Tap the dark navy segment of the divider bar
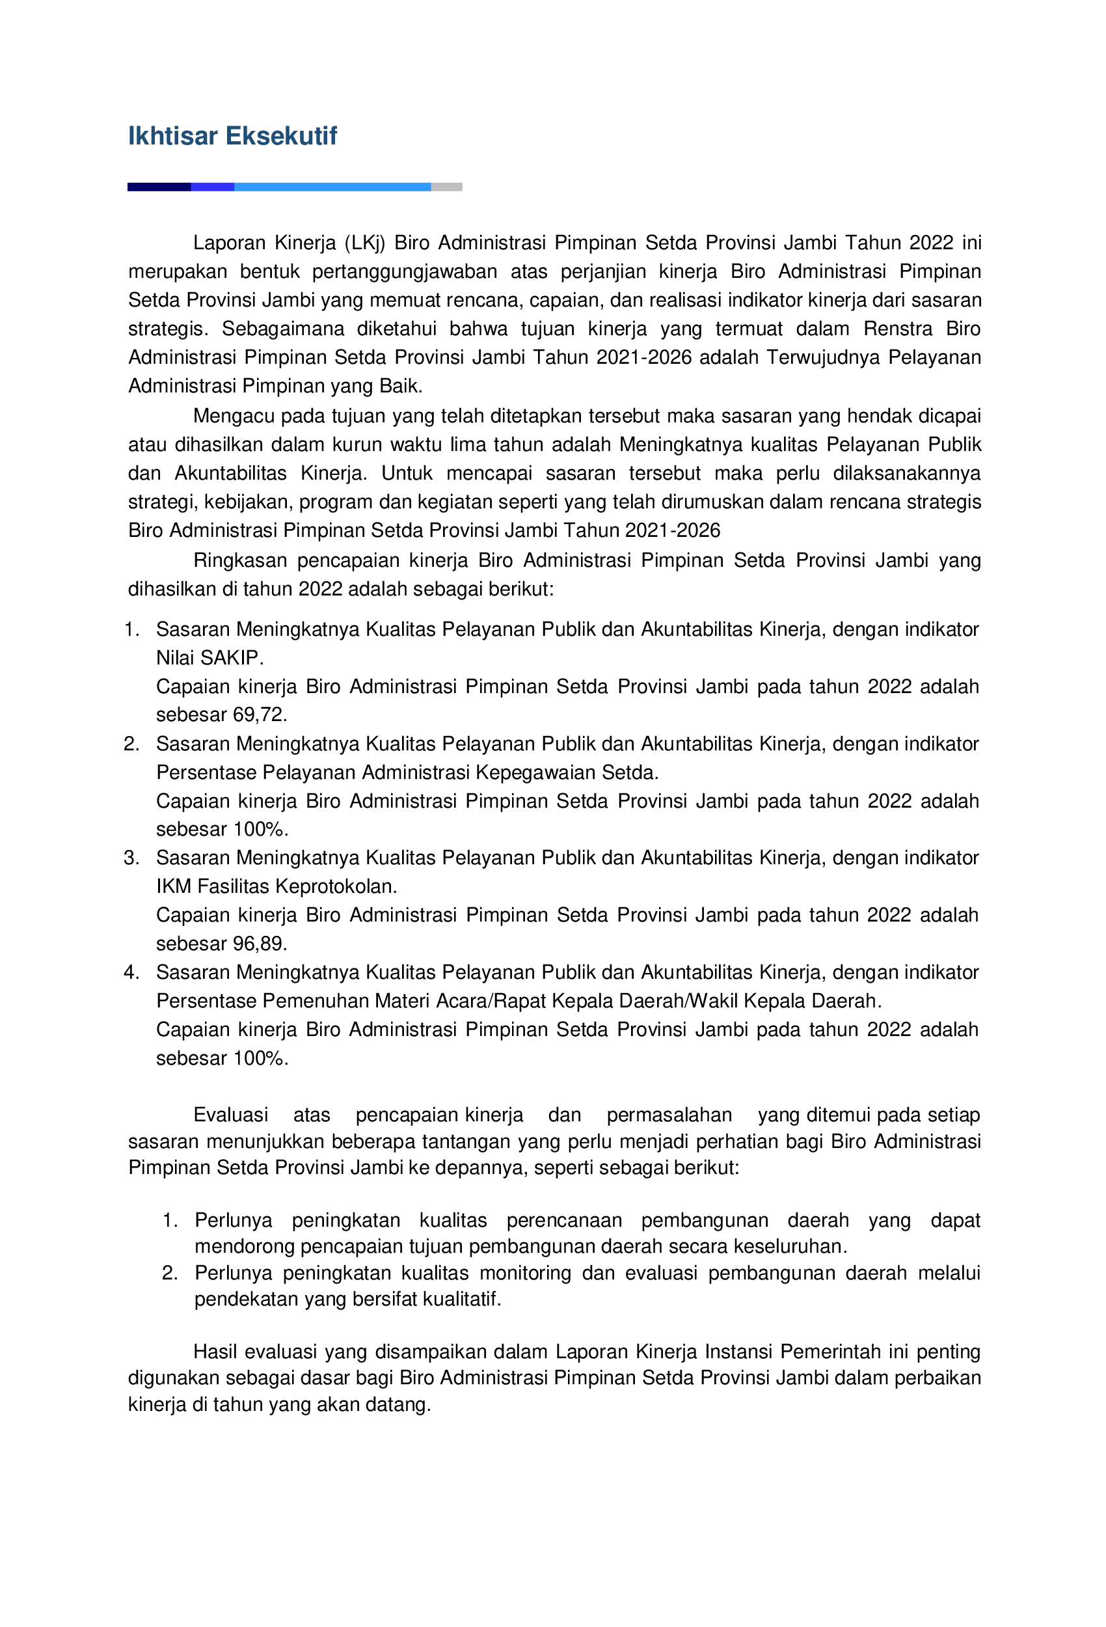click(x=159, y=187)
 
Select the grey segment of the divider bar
click(x=446, y=187)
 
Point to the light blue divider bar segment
click(x=332, y=187)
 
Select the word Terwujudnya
click(x=822, y=358)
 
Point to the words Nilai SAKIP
click(x=209, y=658)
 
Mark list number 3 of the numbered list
click(x=131, y=858)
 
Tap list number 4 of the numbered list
click(x=131, y=972)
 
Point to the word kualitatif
click(x=458, y=1300)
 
